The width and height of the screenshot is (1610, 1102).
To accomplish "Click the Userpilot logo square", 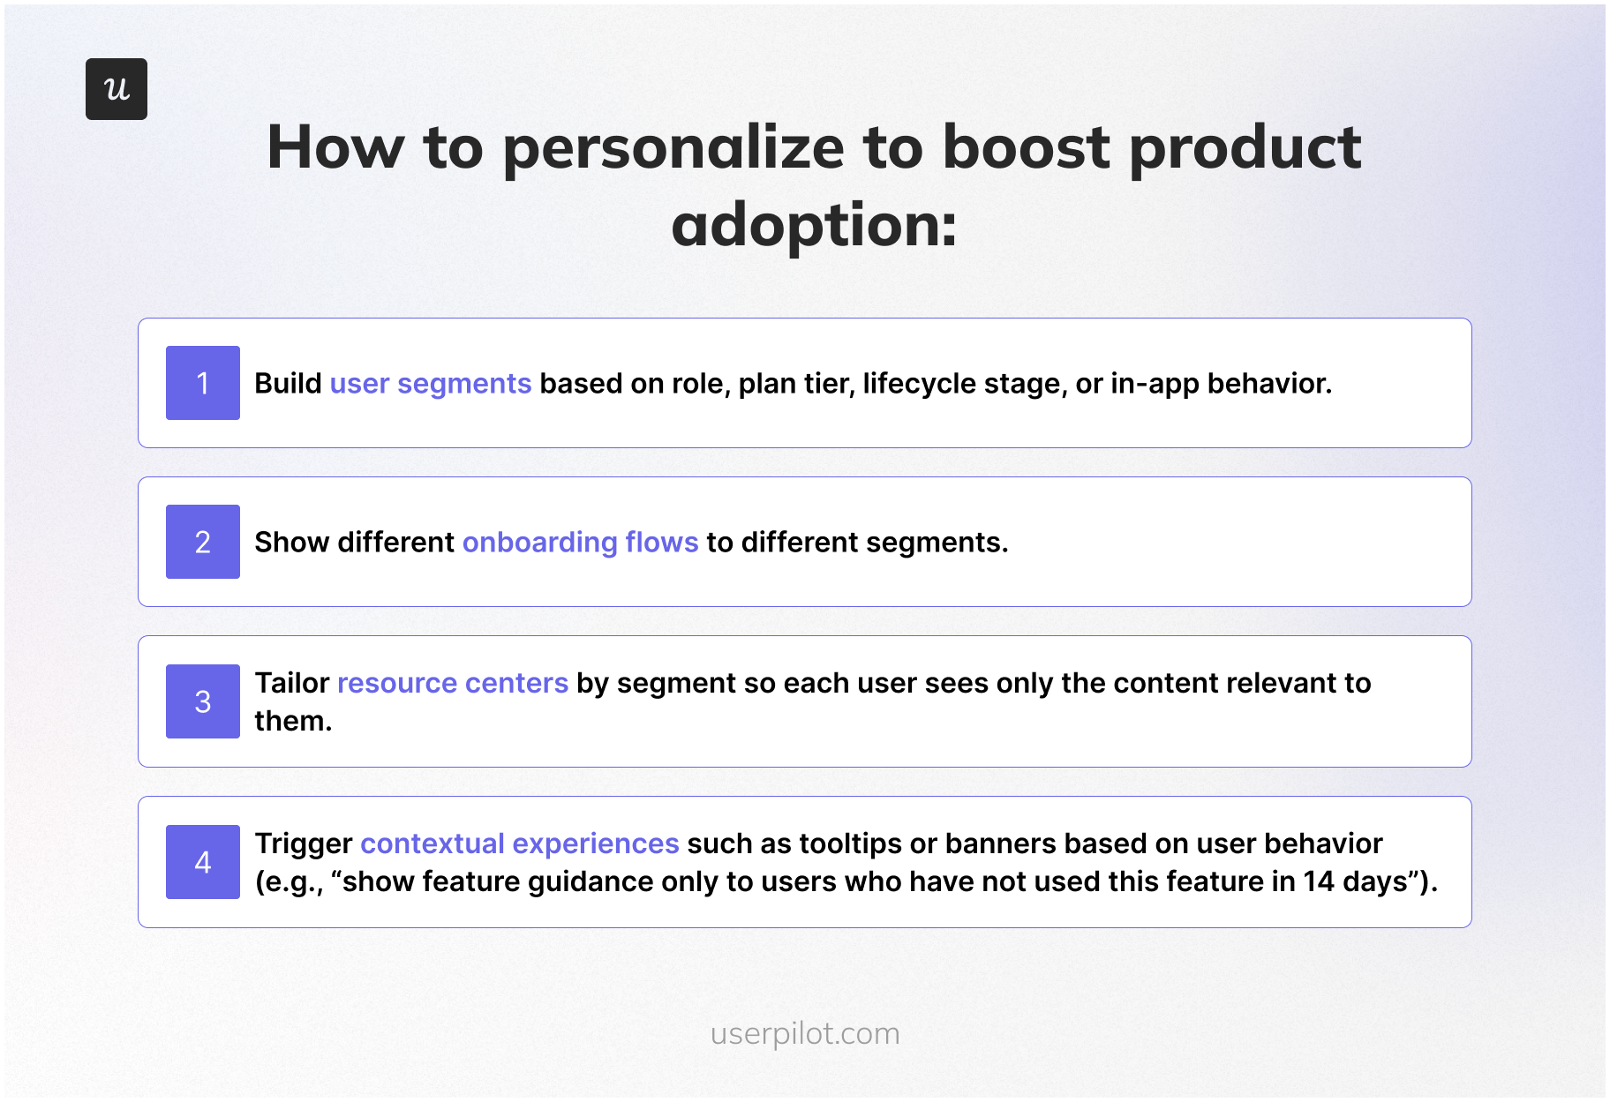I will pyautogui.click(x=116, y=89).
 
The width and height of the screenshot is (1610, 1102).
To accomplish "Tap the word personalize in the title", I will pyautogui.click(x=673, y=148).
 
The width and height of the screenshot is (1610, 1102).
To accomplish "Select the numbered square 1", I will pyautogui.click(x=202, y=383).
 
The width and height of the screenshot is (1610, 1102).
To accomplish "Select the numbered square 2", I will pyautogui.click(x=202, y=542).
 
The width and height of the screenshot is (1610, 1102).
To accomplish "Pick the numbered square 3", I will pyautogui.click(x=202, y=701).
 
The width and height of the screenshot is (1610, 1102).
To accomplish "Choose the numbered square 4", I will pyautogui.click(x=202, y=862).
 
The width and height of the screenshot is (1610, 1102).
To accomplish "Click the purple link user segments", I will pyautogui.click(x=430, y=384).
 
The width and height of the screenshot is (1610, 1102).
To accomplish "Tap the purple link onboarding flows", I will pyautogui.click(x=580, y=543).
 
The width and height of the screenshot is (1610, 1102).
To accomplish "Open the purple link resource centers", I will pyautogui.click(x=452, y=684).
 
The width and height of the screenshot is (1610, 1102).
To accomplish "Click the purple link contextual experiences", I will pyautogui.click(x=519, y=844).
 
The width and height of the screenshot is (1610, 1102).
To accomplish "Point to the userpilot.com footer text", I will pyautogui.click(x=805, y=1033).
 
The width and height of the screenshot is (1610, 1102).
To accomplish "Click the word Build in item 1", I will pyautogui.click(x=288, y=384).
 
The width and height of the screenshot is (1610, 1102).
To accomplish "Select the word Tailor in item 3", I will pyautogui.click(x=291, y=684).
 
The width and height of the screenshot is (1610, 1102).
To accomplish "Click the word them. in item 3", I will pyautogui.click(x=293, y=722).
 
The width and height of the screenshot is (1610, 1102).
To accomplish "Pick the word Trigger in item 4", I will pyautogui.click(x=304, y=844).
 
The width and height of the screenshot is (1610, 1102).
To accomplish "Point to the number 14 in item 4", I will pyautogui.click(x=1319, y=882).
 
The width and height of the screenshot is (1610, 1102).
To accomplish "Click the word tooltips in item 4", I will pyautogui.click(x=850, y=844).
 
